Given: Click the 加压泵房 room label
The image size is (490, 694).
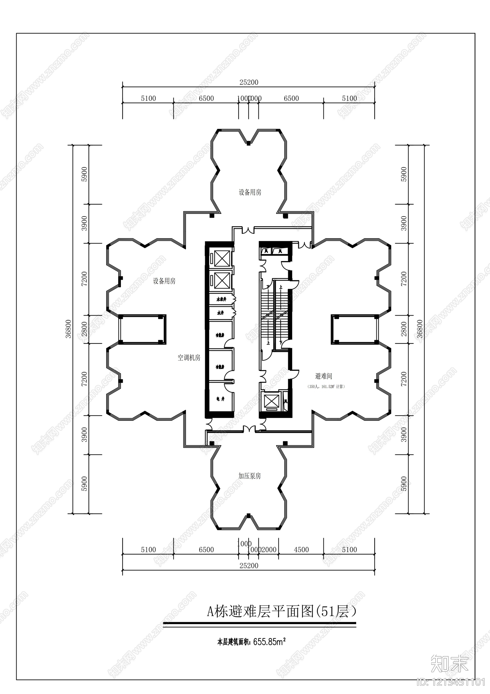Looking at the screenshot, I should pyautogui.click(x=250, y=476).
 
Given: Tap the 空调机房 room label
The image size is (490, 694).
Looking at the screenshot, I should pyautogui.click(x=189, y=358).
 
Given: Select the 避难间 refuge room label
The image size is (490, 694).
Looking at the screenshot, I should pyautogui.click(x=323, y=376).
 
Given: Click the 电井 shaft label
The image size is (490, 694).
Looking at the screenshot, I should pyautogui.click(x=221, y=399).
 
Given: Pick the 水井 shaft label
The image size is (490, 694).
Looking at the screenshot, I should pyautogui.click(x=220, y=313).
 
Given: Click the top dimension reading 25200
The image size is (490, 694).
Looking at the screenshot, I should pyautogui.click(x=249, y=82).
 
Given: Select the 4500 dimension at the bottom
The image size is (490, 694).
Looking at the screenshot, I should pyautogui.click(x=301, y=550).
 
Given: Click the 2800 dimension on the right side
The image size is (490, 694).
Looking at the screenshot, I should pyautogui.click(x=404, y=329).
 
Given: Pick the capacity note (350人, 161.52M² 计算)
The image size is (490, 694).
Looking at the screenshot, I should pyautogui.click(x=326, y=387).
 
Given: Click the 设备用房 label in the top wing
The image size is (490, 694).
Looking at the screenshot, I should pyautogui.click(x=250, y=192).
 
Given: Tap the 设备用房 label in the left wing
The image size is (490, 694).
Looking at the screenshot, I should pyautogui.click(x=164, y=281).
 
